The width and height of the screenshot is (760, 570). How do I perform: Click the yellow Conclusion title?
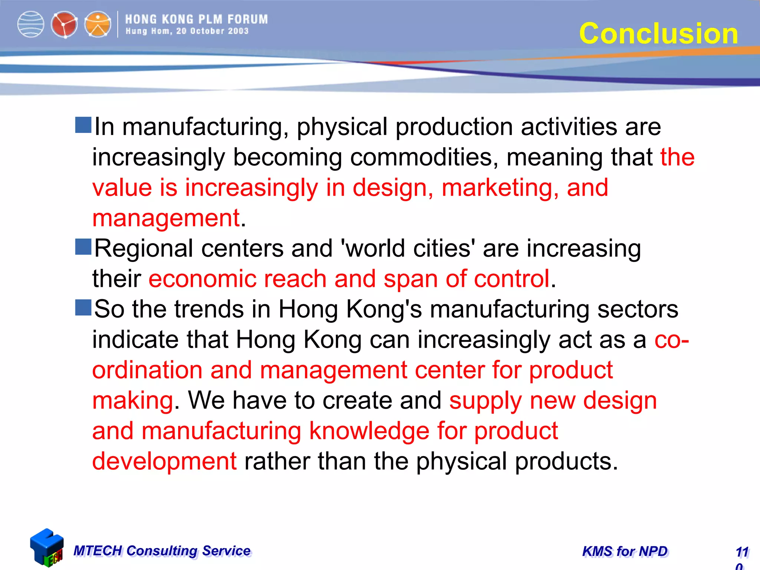pyautogui.click(x=658, y=33)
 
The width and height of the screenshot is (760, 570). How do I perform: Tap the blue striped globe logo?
pyautogui.click(x=31, y=24)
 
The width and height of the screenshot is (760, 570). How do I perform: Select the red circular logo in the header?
pyautogui.click(x=64, y=25)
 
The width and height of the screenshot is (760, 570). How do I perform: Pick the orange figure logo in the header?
pyautogui.click(x=98, y=24)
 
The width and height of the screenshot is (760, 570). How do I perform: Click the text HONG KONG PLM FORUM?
pyautogui.click(x=196, y=19)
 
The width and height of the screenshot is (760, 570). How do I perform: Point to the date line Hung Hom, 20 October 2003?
pyautogui.click(x=187, y=31)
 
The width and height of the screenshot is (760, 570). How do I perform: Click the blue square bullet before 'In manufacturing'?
pyautogui.click(x=83, y=125)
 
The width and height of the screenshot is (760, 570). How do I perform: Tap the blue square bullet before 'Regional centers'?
pyautogui.click(x=83, y=247)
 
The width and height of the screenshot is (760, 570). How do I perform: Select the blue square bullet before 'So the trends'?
pyautogui.click(x=83, y=308)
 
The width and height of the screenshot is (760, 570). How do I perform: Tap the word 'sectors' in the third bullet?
pyautogui.click(x=638, y=309)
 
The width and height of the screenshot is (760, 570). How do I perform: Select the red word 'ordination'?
pyautogui.click(x=147, y=370)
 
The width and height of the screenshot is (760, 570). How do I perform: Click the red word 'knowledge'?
pyautogui.click(x=369, y=431)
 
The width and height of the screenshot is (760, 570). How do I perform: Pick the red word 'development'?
pyautogui.click(x=164, y=461)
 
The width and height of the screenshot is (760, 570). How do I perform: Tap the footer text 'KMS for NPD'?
pyautogui.click(x=625, y=551)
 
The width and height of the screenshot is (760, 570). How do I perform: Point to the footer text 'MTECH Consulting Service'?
pyautogui.click(x=162, y=551)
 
